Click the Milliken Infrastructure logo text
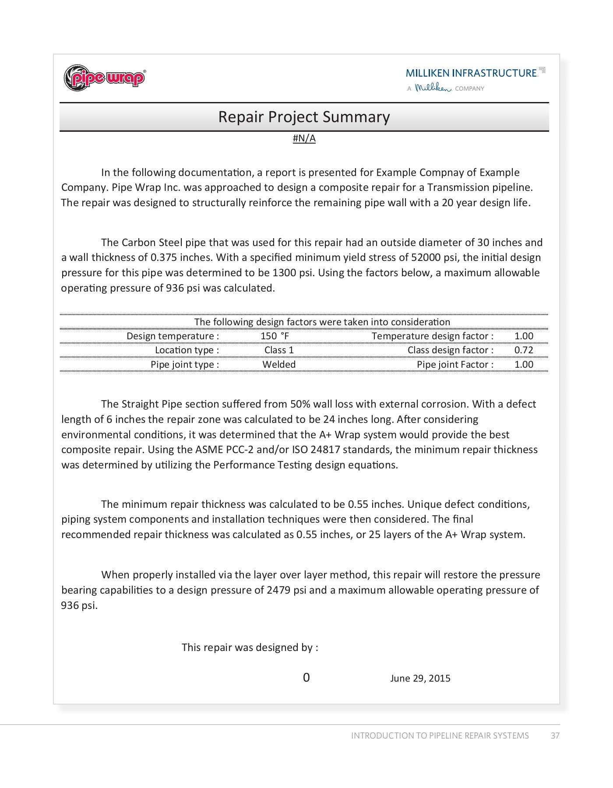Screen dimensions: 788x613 [x=472, y=73]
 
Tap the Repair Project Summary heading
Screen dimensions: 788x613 [x=304, y=117]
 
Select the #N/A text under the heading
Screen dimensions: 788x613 [x=304, y=138]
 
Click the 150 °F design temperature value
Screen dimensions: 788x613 [x=275, y=336]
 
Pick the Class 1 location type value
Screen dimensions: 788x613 [x=279, y=350]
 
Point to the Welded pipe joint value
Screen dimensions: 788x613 [x=279, y=364]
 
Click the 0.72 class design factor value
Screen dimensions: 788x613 [x=524, y=350]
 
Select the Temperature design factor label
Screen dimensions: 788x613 [x=432, y=336]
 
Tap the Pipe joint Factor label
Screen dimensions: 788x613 [x=455, y=364]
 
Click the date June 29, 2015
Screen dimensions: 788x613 [x=420, y=678]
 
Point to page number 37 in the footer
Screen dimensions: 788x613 [x=555, y=735]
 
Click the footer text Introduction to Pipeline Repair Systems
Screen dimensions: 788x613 [x=440, y=735]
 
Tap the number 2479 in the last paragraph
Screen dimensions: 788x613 [x=278, y=590]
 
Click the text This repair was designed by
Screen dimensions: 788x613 [x=250, y=647]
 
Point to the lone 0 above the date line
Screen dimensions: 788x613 [x=306, y=678]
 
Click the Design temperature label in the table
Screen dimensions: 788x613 [x=173, y=336]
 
